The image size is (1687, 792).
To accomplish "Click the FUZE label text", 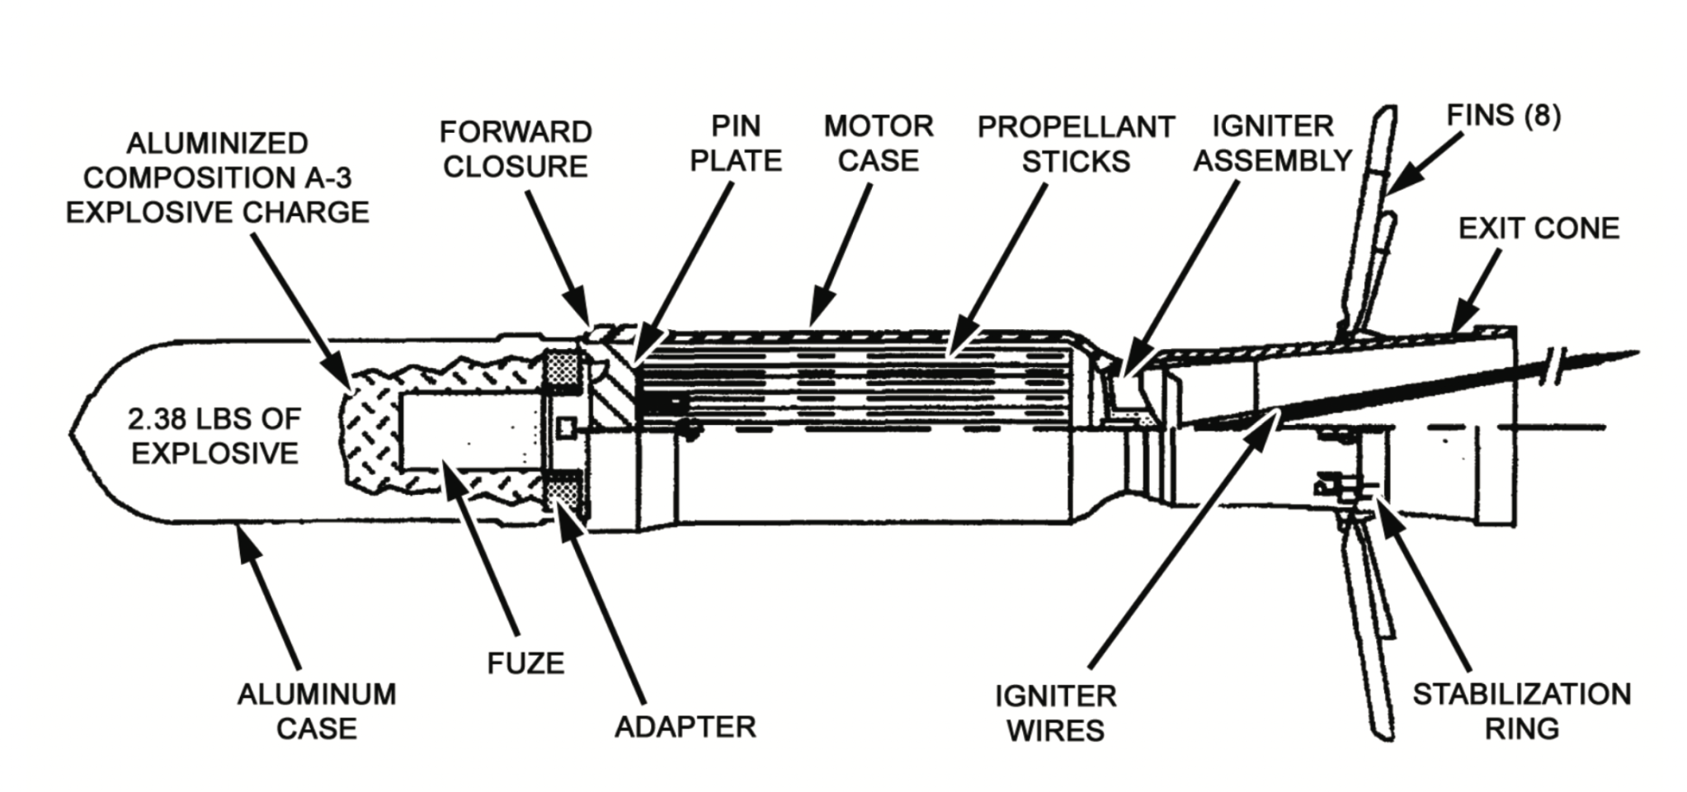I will click(x=525, y=662).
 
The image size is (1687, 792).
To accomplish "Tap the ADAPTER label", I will click(x=685, y=727).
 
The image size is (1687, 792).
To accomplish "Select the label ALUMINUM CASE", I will click(x=317, y=711).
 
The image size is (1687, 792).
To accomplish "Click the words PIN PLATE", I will click(x=735, y=144).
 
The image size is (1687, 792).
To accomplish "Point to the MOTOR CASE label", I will click(x=878, y=144).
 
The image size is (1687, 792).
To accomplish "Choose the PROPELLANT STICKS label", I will click(x=1075, y=144).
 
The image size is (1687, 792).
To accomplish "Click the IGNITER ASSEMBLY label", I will click(x=1272, y=144).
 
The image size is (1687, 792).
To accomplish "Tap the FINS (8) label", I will click(x=1503, y=115).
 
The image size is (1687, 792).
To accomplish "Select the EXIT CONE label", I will click(x=1539, y=229).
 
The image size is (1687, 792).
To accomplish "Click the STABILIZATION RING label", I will click(x=1521, y=711).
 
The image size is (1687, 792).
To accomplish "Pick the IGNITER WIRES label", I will click(x=1055, y=713).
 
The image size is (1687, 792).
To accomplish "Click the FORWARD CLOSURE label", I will click(x=515, y=149).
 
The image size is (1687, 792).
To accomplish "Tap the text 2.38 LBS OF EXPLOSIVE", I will click(x=214, y=436).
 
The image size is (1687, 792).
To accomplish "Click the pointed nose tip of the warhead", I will click(x=73, y=431).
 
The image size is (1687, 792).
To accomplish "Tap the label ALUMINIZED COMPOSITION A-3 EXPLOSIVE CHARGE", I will click(x=218, y=178).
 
